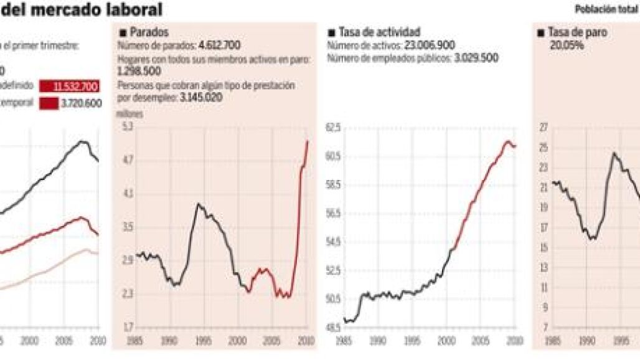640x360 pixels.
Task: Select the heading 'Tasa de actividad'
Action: pos(379,32)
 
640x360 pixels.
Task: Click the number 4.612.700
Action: pos(219,45)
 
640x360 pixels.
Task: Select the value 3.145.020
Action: pos(202,98)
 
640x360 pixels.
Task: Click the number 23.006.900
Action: pos(430,45)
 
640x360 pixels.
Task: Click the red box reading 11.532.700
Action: pos(68,87)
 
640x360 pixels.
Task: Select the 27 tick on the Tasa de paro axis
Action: pos(543,127)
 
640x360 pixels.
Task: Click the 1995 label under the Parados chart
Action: pos(202,341)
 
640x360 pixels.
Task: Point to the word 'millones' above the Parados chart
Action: pos(129,114)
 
